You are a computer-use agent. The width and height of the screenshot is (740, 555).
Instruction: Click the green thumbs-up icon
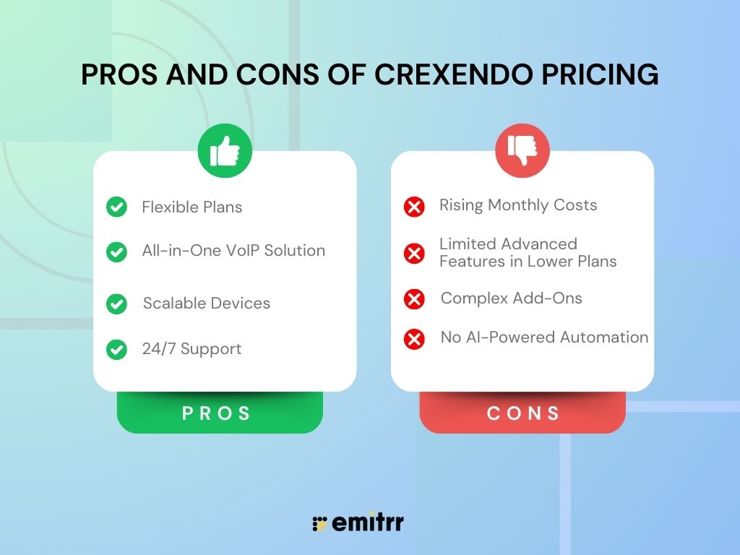(225, 151)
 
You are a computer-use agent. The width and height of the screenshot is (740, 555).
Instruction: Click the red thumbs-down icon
(522, 151)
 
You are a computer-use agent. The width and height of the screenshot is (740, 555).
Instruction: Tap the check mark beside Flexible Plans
(116, 207)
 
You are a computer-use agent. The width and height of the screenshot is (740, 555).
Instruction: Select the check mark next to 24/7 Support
(116, 349)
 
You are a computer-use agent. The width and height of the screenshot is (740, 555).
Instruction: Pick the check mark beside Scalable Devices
(116, 304)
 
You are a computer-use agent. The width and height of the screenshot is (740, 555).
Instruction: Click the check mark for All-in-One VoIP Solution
(116, 251)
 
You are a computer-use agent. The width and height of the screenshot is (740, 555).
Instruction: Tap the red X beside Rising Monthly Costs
(414, 207)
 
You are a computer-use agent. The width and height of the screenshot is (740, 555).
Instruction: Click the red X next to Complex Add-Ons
(414, 298)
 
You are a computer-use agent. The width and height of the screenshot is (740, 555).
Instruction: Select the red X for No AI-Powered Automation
(414, 338)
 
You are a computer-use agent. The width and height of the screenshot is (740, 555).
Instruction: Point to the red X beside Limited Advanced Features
(414, 253)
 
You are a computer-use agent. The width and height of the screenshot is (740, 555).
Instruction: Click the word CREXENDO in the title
(450, 75)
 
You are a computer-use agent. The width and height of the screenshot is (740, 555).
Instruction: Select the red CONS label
(522, 413)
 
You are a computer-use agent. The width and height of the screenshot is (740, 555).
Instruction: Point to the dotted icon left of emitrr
(319, 524)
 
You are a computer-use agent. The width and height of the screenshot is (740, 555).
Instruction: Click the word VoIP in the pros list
(248, 251)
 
